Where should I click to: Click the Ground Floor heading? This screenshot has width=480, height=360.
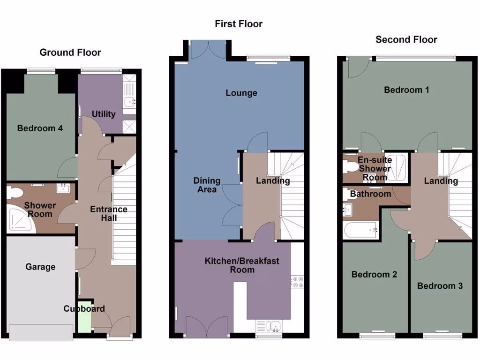coord(70,52)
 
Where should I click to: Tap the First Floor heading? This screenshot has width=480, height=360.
coord(239,24)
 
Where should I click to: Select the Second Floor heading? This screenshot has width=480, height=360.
coord(406,40)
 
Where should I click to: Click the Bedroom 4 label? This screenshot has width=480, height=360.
coord(40,128)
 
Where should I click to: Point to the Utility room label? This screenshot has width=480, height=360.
coord(103,114)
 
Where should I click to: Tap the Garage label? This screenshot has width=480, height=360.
coord(40,267)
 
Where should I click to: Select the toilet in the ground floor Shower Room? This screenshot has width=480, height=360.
coord(15,192)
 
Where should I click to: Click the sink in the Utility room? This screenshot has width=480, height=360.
coord(129,100)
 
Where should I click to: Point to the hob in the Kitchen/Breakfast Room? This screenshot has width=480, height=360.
coord(297,282)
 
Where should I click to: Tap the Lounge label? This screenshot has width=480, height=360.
coord(241,93)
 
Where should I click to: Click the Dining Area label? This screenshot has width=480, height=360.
coord(207,185)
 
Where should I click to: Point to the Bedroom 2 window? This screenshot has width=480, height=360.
coord(377,336)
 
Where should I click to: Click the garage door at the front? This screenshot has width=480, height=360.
coord(41,332)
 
